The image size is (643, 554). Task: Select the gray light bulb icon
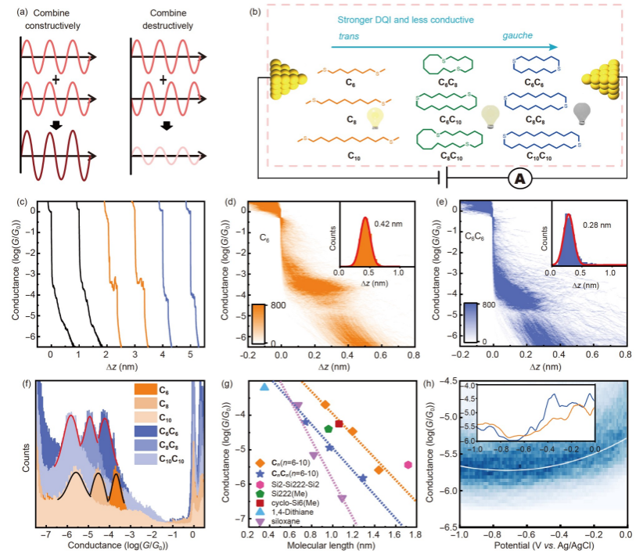click(582, 113)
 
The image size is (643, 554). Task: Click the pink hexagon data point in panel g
click(408, 465)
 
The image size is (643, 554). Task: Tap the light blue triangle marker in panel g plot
click(264, 387)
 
